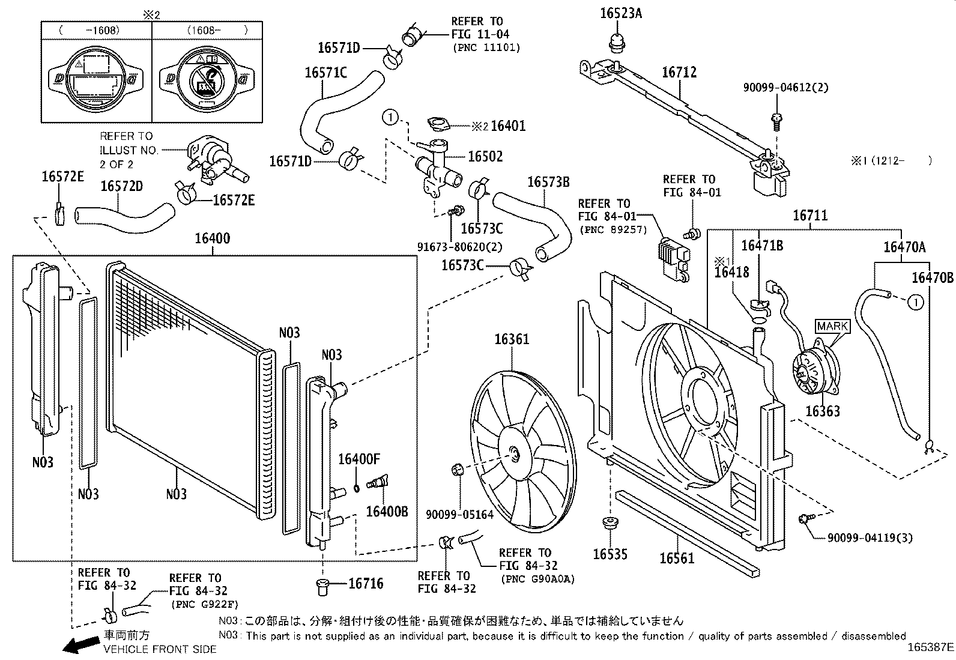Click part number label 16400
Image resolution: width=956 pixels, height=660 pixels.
pos(212,238)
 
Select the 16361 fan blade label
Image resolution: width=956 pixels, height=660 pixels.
pos(512,339)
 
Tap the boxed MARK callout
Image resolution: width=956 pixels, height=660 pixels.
pos(832,326)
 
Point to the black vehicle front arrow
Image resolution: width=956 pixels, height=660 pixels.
pos(81,644)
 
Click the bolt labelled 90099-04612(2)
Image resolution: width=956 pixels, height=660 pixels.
pos(777,122)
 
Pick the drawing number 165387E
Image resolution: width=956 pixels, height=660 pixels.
pos(930,647)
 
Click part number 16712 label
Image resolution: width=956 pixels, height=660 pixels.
pos(679,72)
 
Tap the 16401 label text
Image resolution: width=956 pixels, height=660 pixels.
pos(508,126)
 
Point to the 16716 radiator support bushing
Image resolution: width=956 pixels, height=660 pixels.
pos(322,587)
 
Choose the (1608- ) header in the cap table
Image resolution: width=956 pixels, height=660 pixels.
pos(217,30)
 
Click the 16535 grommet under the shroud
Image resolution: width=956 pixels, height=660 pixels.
pos(610,524)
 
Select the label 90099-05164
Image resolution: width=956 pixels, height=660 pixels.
pos(459,515)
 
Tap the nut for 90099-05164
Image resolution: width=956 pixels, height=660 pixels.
pos(458,469)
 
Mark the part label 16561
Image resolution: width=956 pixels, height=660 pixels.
pos(677,558)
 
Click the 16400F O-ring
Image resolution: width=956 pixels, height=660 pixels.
pos(357,488)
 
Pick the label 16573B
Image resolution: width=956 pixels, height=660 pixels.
pos(548,182)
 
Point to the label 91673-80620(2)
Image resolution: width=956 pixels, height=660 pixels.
pos(459,247)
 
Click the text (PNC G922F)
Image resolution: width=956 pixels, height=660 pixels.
pos(204,605)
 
